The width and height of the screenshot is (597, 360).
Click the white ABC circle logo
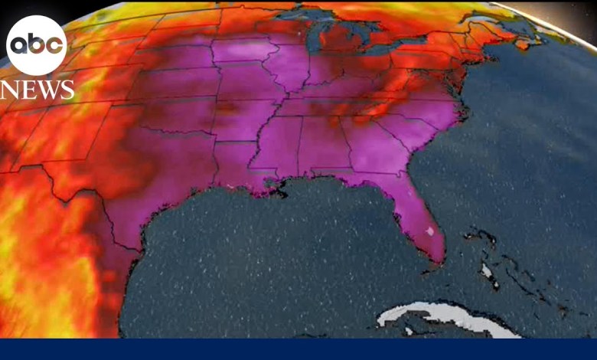click(x=37, y=45)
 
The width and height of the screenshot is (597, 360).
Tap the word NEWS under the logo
click(x=38, y=90)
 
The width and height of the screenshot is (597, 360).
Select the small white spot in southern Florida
click(x=429, y=230)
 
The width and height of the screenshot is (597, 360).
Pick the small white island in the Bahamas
click(x=486, y=270)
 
